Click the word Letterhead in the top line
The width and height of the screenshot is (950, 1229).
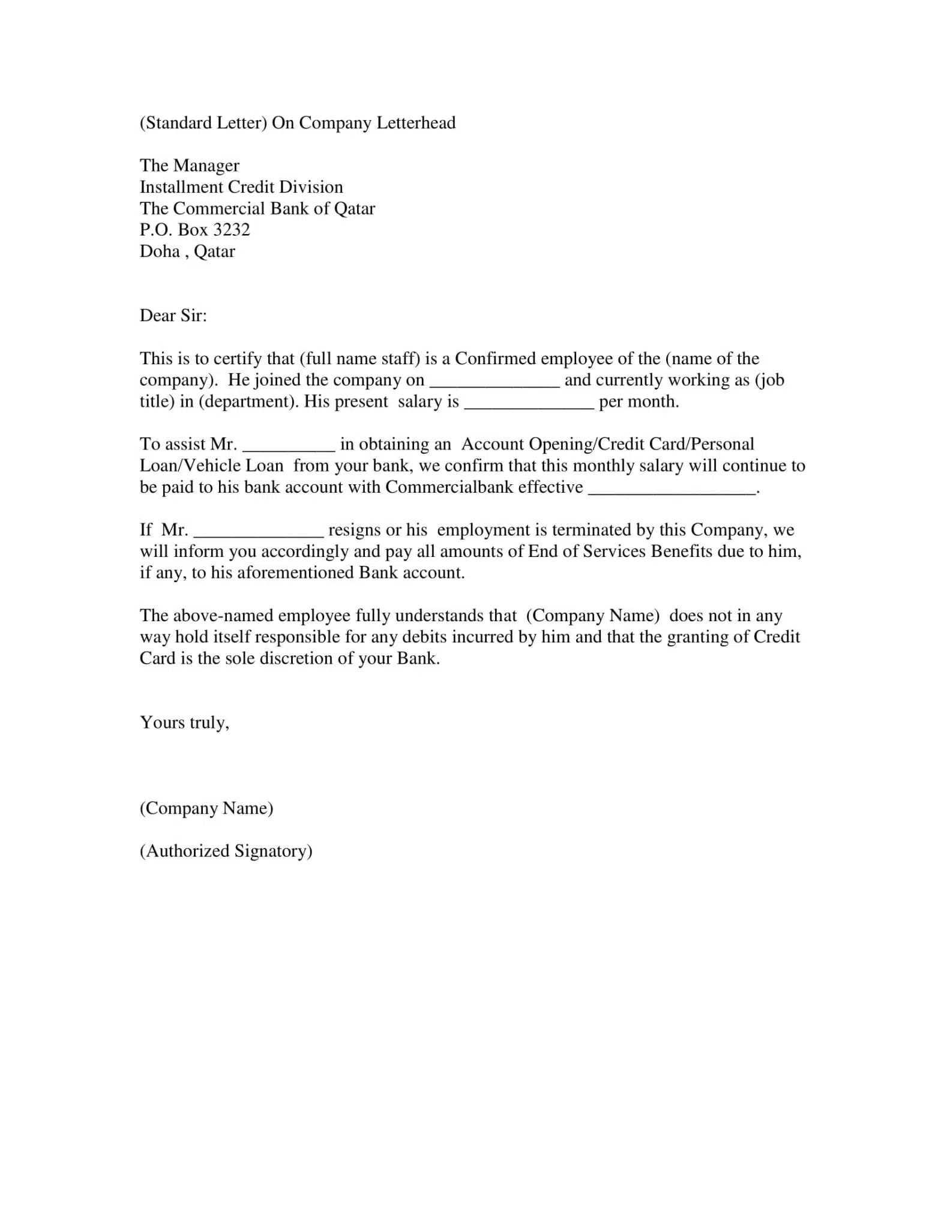click(415, 123)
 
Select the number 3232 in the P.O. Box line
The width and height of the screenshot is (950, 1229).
click(231, 230)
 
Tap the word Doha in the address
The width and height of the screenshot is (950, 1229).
click(160, 251)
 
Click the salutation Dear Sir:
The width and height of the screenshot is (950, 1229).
click(173, 316)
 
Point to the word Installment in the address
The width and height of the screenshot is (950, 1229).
click(181, 187)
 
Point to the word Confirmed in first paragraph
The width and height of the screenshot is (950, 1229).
click(495, 359)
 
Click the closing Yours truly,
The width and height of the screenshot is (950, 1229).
click(184, 723)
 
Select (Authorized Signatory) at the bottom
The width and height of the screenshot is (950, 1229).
click(226, 851)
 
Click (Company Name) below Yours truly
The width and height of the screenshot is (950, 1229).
click(206, 808)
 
